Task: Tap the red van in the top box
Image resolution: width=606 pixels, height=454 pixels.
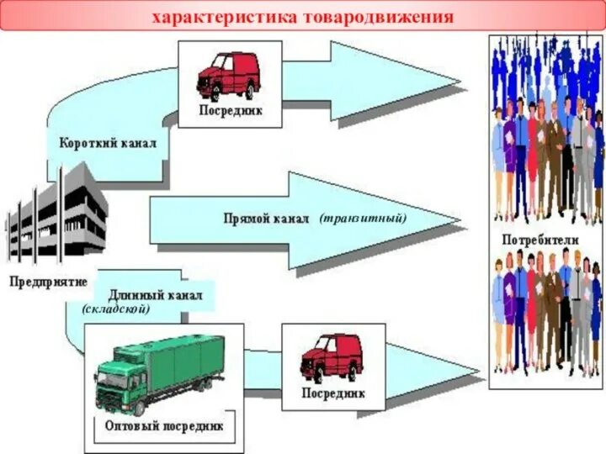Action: coord(229,75)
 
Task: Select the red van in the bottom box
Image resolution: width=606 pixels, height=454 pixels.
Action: coord(332,356)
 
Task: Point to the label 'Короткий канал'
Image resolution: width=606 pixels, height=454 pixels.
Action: coord(107,143)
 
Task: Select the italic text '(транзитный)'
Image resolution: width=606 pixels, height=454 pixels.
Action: coord(363,218)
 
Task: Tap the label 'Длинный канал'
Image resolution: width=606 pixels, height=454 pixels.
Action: coord(155,296)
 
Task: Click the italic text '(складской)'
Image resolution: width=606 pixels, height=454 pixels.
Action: coord(116,309)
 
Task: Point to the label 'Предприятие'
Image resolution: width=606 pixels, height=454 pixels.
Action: coord(48,282)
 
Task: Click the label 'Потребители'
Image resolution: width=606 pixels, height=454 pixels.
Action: coord(540,240)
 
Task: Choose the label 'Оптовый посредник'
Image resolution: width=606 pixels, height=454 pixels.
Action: coord(164,425)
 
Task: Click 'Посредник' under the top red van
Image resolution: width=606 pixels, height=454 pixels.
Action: coord(231,110)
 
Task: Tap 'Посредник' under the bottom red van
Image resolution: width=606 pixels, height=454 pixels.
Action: coord(333,393)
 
